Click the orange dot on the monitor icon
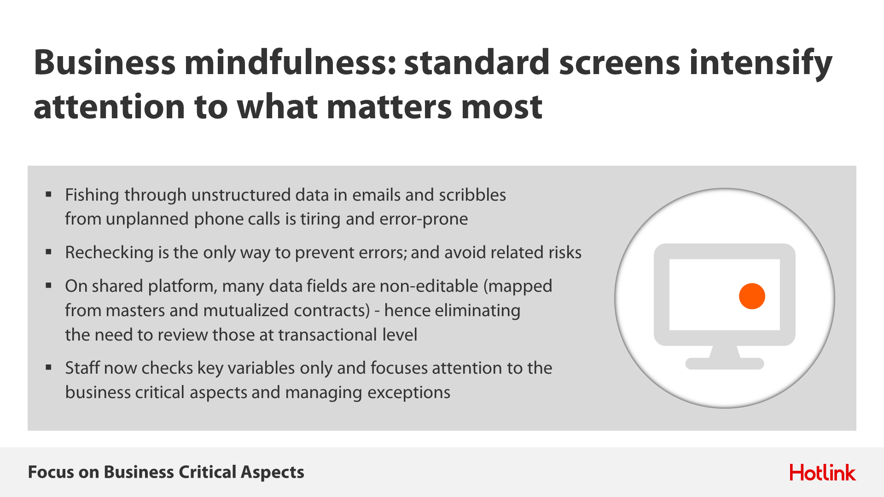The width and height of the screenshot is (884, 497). click(752, 296)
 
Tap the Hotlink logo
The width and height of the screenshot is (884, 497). click(822, 473)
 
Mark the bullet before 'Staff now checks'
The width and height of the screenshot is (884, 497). click(48, 368)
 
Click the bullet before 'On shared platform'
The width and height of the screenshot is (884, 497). click(48, 286)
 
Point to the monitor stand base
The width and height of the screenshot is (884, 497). click(725, 364)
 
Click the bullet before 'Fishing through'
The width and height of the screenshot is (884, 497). click(48, 195)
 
